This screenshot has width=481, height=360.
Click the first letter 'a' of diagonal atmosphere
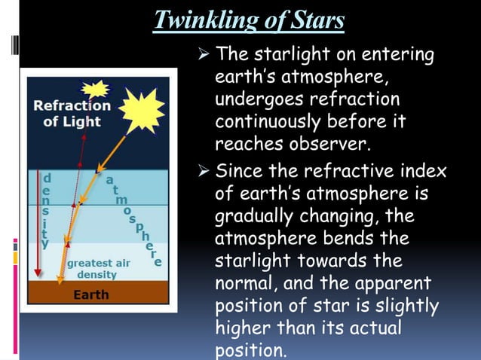click(110, 181)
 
